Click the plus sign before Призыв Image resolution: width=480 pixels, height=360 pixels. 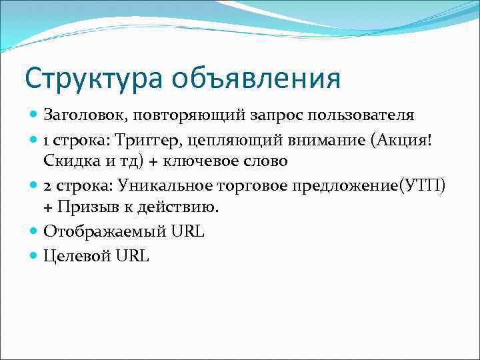(x=49, y=207)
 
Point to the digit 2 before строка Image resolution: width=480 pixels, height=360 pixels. (x=47, y=185)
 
